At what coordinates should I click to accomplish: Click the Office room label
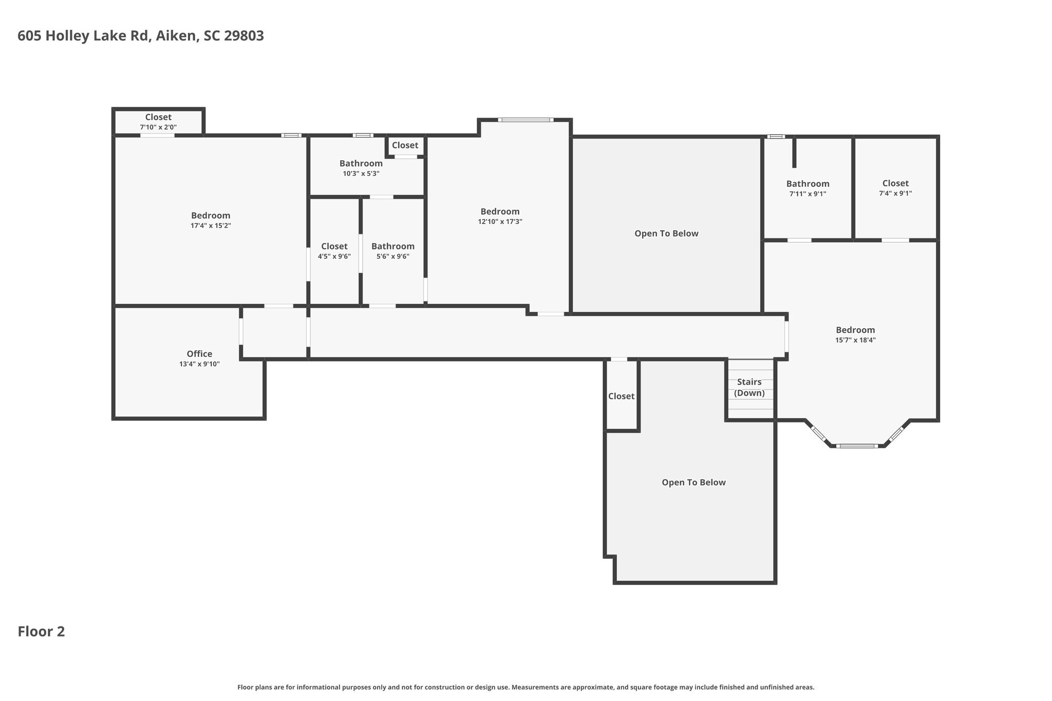click(199, 354)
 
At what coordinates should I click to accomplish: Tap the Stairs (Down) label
click(749, 387)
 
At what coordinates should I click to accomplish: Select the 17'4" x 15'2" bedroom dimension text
click(211, 225)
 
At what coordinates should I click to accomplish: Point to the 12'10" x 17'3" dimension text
click(500, 221)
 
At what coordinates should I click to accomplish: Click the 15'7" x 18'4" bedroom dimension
click(855, 340)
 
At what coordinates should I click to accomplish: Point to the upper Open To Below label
click(666, 234)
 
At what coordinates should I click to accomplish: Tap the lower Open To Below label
click(693, 483)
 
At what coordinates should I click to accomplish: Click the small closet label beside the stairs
click(622, 396)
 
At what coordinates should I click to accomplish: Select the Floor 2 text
click(42, 631)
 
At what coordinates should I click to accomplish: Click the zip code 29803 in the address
click(244, 36)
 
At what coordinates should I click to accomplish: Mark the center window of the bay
click(857, 446)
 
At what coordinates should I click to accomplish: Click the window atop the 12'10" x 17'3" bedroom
click(525, 120)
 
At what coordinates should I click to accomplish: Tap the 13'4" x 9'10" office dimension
click(199, 364)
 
